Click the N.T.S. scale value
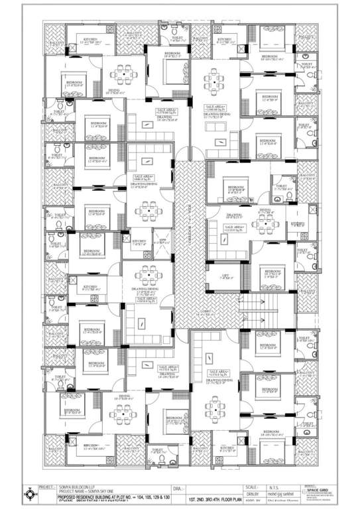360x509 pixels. pyautogui.click(x=276, y=486)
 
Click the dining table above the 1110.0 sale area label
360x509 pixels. pyautogui.click(x=264, y=223)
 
